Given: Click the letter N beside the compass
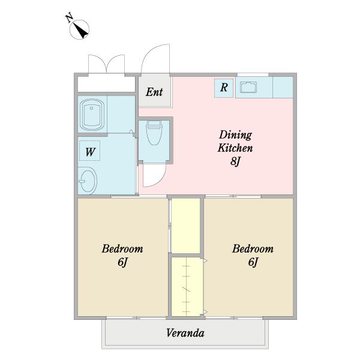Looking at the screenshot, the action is click(x=70, y=18).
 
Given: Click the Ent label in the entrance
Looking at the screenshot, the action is click(x=154, y=92).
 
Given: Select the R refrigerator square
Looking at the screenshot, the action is click(x=224, y=88).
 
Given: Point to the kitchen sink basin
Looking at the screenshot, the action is click(x=248, y=87).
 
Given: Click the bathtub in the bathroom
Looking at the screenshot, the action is click(x=92, y=115).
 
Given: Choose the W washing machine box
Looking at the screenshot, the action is click(x=89, y=151).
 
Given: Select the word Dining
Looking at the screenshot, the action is click(x=236, y=136).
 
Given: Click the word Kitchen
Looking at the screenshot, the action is click(x=235, y=148).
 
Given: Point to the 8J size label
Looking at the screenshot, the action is click(x=235, y=161).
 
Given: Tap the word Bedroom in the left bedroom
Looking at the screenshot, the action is click(x=122, y=248).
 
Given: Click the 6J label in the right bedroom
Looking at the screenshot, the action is click(x=253, y=262).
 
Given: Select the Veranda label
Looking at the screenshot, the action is click(x=185, y=333).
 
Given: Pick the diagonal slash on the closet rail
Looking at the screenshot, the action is click(x=186, y=289).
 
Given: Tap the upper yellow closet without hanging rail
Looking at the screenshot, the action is click(x=186, y=226).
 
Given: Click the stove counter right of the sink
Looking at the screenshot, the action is click(x=283, y=87).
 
